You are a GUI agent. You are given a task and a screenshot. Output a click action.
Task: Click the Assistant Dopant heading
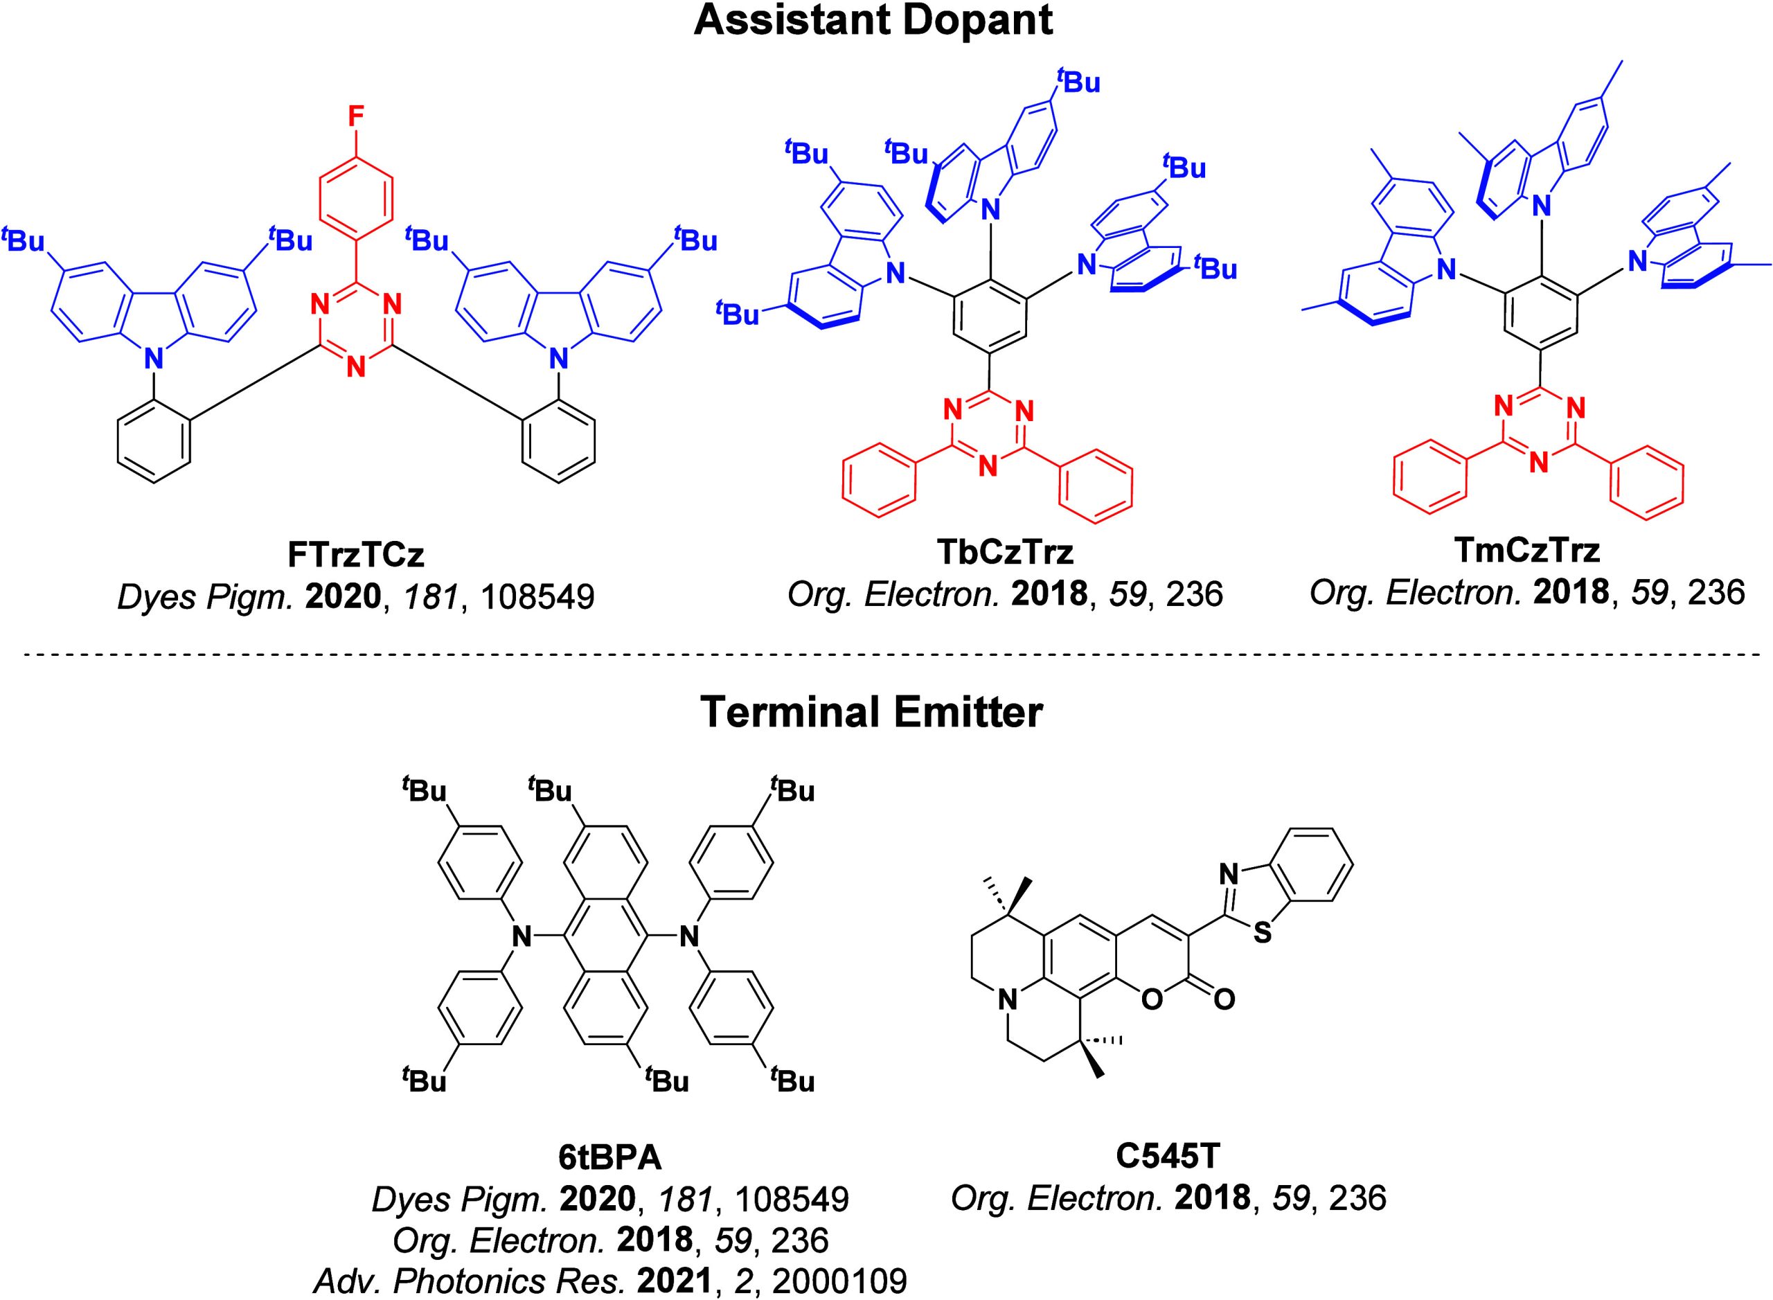[x=873, y=21]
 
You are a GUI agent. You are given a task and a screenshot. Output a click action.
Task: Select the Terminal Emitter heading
[x=871, y=712]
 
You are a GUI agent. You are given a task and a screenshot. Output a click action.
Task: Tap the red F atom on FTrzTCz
[x=356, y=117]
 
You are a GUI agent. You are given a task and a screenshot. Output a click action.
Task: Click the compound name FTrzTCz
[x=356, y=555]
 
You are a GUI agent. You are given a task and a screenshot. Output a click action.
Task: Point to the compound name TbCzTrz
[x=1005, y=553]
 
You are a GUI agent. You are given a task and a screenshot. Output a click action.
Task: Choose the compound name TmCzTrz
[x=1526, y=551]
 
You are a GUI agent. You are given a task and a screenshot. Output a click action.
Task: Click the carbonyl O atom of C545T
[x=1224, y=999]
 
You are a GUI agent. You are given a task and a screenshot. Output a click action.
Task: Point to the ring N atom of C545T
[x=1004, y=1001]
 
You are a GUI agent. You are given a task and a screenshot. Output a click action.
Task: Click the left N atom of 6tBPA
[x=519, y=936]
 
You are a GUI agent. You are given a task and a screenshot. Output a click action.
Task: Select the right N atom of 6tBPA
[x=689, y=936]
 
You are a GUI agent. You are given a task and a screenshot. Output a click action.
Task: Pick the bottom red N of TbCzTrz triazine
[x=988, y=466]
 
